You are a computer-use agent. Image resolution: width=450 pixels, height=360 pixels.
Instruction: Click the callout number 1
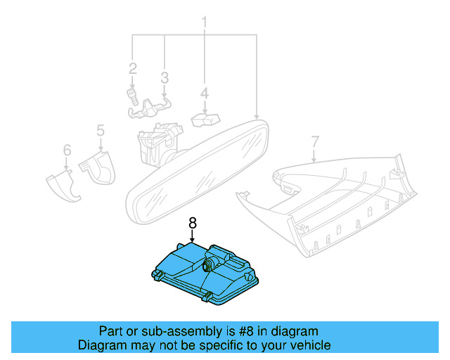205,22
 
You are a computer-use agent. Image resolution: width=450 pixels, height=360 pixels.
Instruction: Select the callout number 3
164,77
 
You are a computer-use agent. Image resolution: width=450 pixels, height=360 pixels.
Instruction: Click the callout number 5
100,130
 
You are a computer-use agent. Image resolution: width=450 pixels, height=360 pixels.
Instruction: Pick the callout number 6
67,150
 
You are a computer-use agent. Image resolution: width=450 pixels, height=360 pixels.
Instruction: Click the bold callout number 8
193,224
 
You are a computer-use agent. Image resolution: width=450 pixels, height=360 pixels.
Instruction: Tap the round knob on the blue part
209,266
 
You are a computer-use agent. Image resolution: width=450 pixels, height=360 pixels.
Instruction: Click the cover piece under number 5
99,169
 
